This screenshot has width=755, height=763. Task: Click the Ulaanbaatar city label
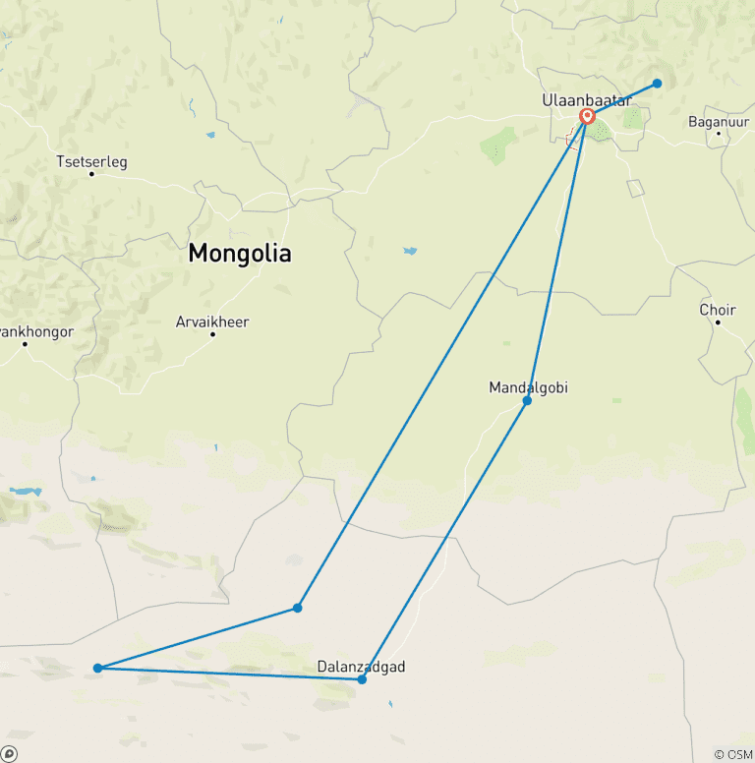click(x=587, y=99)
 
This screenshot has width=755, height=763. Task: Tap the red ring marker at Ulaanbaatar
click(x=587, y=117)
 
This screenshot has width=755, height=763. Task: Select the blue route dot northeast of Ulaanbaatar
click(x=658, y=84)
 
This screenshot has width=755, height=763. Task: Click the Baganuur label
click(x=719, y=121)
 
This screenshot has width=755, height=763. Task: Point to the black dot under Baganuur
click(x=719, y=134)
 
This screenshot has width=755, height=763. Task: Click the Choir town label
click(x=718, y=310)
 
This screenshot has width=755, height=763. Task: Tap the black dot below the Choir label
click(x=718, y=323)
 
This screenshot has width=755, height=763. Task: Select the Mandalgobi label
click(x=528, y=387)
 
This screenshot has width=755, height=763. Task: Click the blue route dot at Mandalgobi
click(x=527, y=401)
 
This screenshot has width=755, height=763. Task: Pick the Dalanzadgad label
click(x=361, y=667)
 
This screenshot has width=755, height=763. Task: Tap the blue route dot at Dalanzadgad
click(x=362, y=679)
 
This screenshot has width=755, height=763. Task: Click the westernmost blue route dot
click(x=97, y=669)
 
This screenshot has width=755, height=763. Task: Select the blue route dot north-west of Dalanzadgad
click(x=297, y=608)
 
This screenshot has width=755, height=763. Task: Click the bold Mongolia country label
click(x=240, y=253)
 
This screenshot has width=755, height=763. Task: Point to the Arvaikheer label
click(x=212, y=322)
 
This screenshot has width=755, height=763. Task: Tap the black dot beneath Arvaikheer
click(x=212, y=334)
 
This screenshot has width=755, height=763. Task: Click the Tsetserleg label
click(x=91, y=161)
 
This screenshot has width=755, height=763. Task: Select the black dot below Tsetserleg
click(x=91, y=174)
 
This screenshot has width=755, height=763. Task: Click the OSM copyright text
click(x=732, y=754)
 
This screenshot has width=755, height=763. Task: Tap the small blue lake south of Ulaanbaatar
click(x=409, y=251)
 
